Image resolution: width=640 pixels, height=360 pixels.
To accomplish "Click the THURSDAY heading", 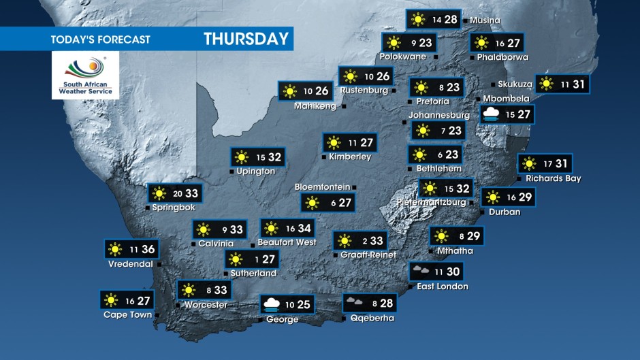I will tap(246, 39).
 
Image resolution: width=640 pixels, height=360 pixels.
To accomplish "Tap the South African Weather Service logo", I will tap(86, 76).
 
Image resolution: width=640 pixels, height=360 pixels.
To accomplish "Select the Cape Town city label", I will tap(127, 314).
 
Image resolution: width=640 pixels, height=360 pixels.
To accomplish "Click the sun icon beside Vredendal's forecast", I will tap(114, 249).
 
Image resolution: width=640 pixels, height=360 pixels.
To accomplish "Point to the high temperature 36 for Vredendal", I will tap(148, 249).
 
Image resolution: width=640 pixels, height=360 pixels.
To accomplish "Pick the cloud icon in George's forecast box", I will tap(270, 304).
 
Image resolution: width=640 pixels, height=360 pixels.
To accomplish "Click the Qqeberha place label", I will tap(372, 318).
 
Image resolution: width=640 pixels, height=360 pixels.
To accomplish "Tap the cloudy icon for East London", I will tap(420, 271).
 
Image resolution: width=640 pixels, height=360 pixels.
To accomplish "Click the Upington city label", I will tap(256, 171).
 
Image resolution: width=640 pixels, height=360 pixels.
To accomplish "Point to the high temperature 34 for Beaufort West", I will tap(304, 229).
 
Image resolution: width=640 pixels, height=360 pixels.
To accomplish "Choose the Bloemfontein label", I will tap(322, 186).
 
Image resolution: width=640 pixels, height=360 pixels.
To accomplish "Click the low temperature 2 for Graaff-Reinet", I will tap(365, 240).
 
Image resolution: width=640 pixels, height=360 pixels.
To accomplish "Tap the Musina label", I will tap(485, 20).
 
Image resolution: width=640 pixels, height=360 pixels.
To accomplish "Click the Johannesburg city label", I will tap(439, 115).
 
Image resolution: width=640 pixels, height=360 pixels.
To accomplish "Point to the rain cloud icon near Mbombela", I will tap(492, 114).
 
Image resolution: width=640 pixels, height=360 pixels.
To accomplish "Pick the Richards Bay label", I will tap(553, 179).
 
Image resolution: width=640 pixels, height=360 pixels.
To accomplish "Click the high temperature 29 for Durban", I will tap(525, 197).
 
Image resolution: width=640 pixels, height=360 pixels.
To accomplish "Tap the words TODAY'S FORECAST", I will tap(100, 39).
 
